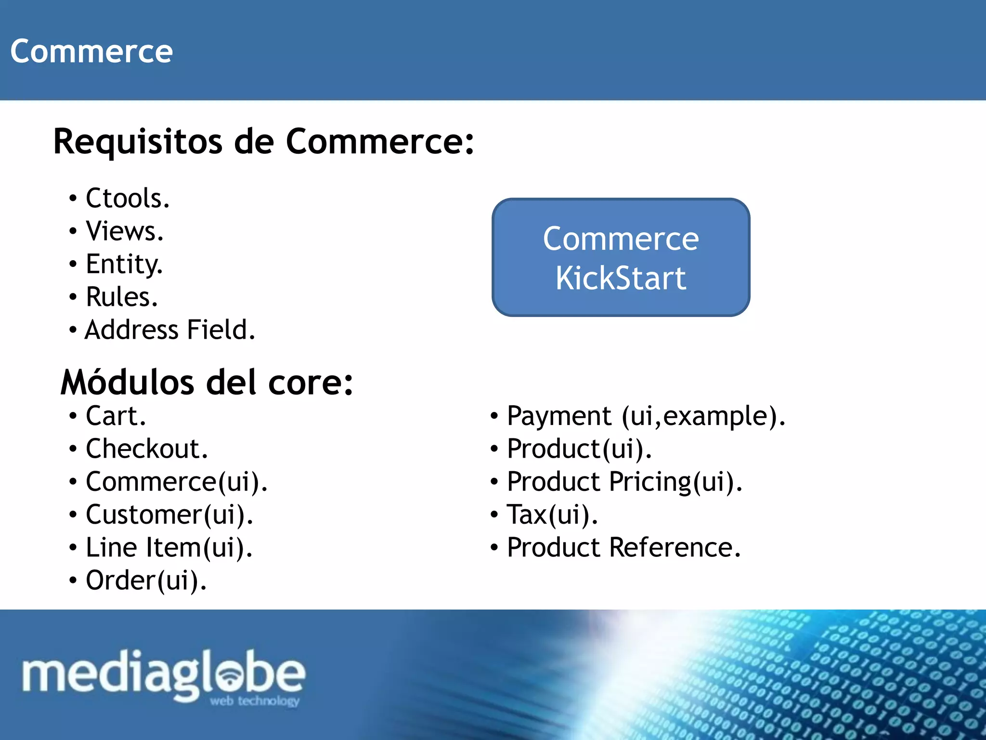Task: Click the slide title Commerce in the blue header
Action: tap(91, 51)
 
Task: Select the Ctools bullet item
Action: tap(128, 198)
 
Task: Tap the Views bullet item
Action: tap(125, 231)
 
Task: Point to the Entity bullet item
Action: tap(124, 264)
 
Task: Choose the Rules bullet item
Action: tap(122, 297)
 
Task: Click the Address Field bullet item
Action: tap(169, 330)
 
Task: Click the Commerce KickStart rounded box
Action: tap(621, 257)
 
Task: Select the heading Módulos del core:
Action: tap(207, 382)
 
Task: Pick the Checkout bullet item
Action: tap(147, 449)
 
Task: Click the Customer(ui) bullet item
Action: tap(169, 515)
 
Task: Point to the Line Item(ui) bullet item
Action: tap(169, 548)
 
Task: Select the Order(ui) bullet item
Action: tap(146, 581)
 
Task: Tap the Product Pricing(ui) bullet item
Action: tap(624, 482)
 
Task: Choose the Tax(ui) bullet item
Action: tap(552, 515)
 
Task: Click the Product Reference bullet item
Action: tap(623, 548)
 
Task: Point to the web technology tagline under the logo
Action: tap(255, 700)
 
